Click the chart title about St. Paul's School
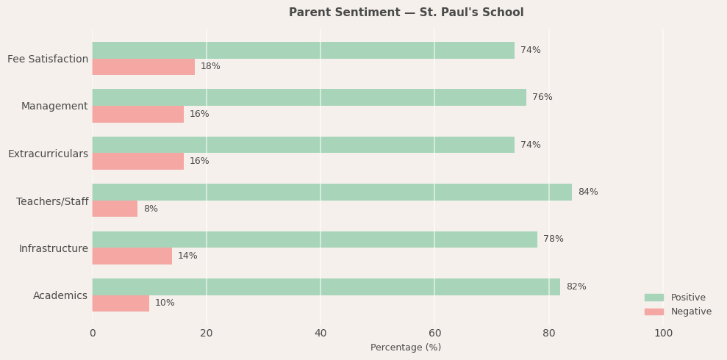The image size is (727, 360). coord(406,12)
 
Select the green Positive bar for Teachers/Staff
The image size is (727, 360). coord(332,192)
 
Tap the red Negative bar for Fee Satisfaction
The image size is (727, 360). coord(143,67)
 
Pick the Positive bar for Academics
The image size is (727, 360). coord(326,287)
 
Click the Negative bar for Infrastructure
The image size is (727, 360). coord(132,256)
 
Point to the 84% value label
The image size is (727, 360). coord(587,192)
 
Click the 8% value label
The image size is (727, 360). coord(151,209)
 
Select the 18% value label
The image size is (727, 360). coord(210,67)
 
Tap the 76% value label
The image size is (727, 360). coord(542,98)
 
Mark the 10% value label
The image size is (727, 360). coord(165,303)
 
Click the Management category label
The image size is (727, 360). coord(54,107)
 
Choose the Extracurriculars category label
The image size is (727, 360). coord(48,154)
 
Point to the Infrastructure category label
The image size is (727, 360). coord(54,249)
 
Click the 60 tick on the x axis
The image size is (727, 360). coord(434,334)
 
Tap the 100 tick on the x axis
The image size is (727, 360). coord(663,334)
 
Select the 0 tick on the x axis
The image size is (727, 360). coord(93,334)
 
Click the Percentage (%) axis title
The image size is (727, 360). coord(406,348)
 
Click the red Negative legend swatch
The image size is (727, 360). coord(653,312)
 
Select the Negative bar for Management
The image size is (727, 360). coord(137,115)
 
